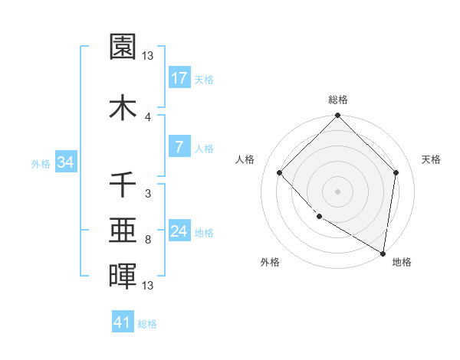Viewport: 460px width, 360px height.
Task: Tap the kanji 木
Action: point(123,108)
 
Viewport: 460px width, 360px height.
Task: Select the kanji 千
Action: point(123,185)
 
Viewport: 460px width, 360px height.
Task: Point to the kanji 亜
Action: point(123,229)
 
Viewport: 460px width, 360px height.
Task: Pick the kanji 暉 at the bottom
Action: point(123,275)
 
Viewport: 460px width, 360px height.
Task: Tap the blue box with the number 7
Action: point(179,147)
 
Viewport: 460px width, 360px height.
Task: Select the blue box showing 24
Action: point(179,231)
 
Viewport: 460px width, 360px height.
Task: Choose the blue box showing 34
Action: point(64,162)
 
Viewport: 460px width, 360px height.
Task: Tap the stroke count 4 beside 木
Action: point(148,116)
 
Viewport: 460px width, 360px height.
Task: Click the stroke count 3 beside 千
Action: point(148,194)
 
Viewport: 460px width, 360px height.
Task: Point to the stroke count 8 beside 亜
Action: point(148,240)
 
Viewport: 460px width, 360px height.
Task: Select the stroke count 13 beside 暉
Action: point(148,286)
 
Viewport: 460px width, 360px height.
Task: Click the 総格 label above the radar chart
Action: point(338,100)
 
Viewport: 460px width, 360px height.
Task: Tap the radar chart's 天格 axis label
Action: point(432,159)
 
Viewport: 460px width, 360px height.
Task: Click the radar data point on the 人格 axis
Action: point(280,172)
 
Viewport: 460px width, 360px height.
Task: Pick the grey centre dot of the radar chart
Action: point(338,191)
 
